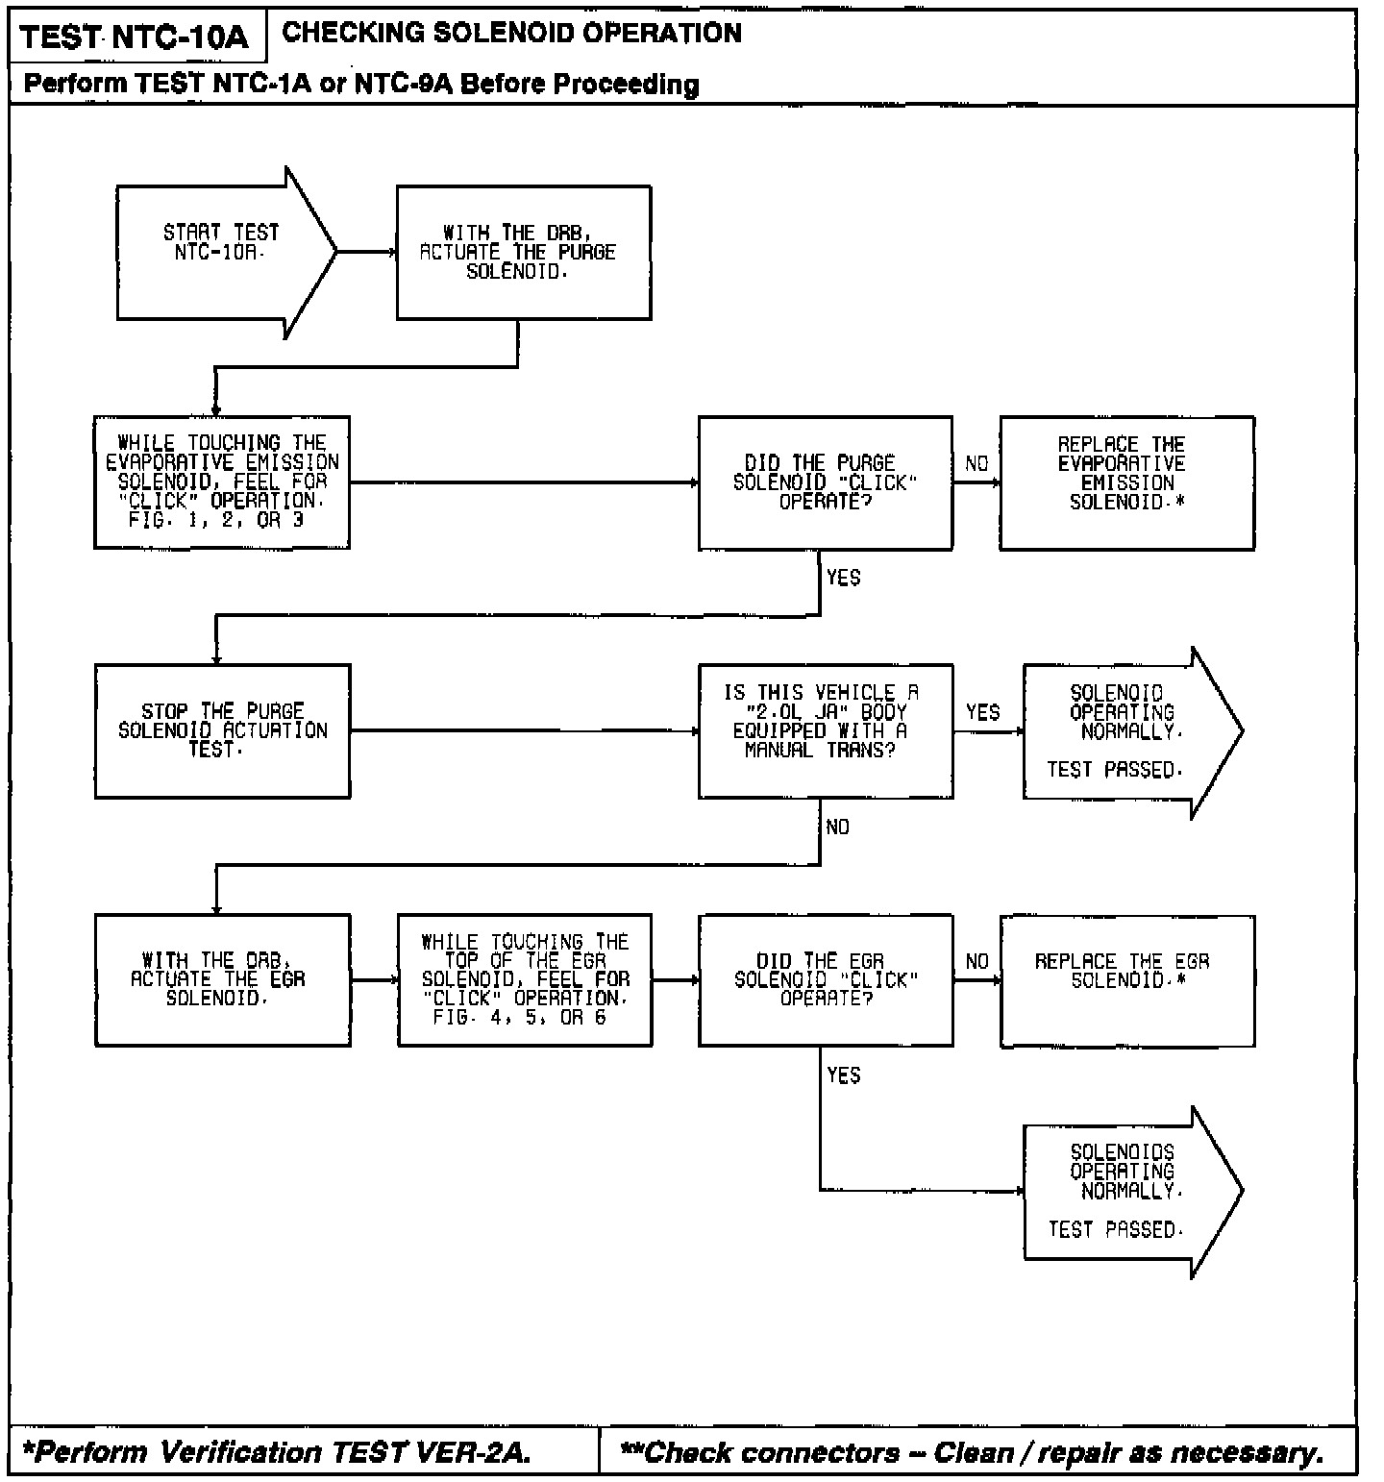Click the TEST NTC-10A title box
point(135,37)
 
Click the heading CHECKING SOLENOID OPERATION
point(511,33)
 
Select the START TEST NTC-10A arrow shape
point(221,252)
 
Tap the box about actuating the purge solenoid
point(524,252)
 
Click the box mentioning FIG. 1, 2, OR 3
point(221,482)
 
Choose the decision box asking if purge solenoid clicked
point(825,482)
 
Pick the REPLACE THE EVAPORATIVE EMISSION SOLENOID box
point(1126,482)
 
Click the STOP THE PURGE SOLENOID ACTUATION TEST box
point(222,730)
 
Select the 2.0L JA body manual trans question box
point(825,730)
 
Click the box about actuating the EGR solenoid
point(222,979)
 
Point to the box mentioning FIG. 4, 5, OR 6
point(524,979)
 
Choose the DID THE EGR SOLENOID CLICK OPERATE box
point(825,979)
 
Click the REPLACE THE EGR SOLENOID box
point(1126,979)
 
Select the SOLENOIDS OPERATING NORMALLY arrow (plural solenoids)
point(1124,1192)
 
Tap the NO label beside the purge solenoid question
point(976,464)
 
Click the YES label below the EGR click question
point(843,1075)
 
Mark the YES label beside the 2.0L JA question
point(982,712)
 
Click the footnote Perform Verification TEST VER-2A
point(279,1451)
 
